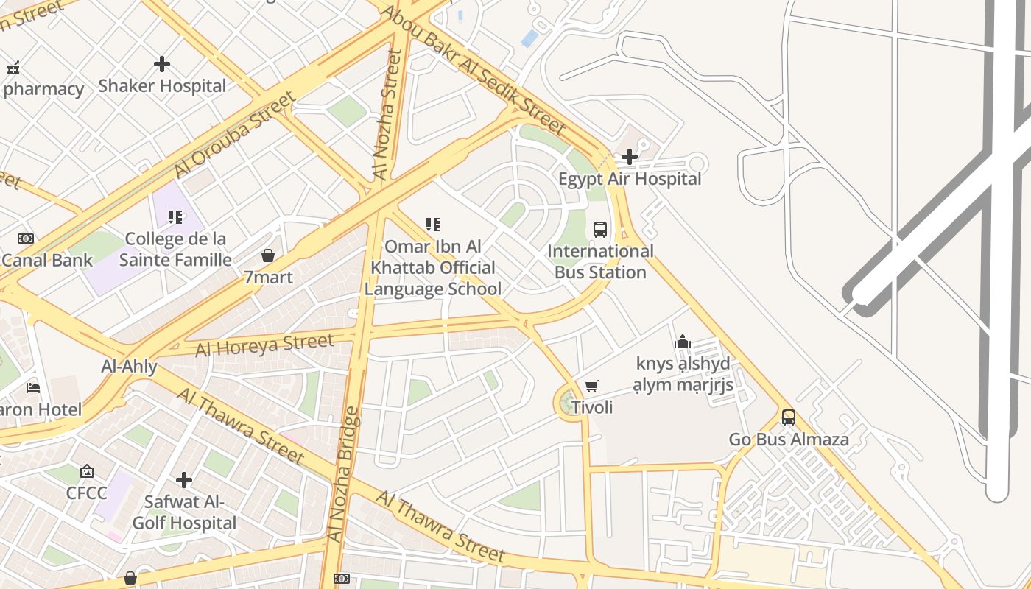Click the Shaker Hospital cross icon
click(x=162, y=64)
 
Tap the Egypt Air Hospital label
click(x=630, y=179)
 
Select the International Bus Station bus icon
click(x=600, y=229)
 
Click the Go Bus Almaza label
click(x=789, y=440)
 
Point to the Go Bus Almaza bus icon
click(x=789, y=417)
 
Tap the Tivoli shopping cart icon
click(x=591, y=386)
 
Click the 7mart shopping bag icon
click(x=268, y=255)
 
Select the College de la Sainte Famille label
click(x=175, y=250)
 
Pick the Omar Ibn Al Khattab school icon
click(x=433, y=224)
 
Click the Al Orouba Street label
click(x=234, y=135)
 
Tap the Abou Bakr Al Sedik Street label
click(x=473, y=70)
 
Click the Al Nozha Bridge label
click(x=344, y=475)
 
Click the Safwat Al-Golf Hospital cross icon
click(x=184, y=480)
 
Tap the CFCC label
click(x=87, y=493)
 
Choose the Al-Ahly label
click(x=129, y=366)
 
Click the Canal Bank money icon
click(x=26, y=239)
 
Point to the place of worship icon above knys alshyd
click(x=683, y=342)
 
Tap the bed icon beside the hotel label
click(x=33, y=387)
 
